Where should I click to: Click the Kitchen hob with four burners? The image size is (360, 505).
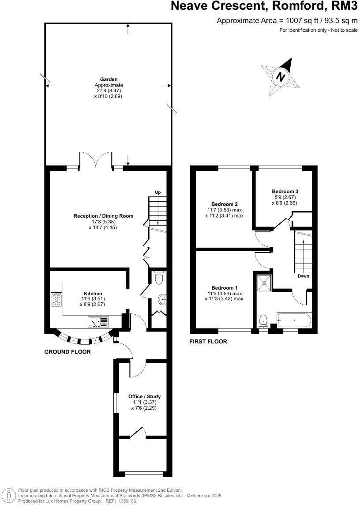[x=56, y=300]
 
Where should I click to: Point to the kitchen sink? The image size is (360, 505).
[x=98, y=322]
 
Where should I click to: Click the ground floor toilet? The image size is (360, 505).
[x=159, y=277]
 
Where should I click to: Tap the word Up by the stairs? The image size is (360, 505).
[x=157, y=192]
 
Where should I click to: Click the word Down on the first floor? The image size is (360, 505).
[x=303, y=276]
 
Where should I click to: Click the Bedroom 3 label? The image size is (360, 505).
[x=285, y=191]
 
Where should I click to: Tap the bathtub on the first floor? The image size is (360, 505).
[x=294, y=320]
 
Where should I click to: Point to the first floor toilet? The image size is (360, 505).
[x=263, y=320]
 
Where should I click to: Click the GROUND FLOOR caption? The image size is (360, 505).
[x=67, y=352]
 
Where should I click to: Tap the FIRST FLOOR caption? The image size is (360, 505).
[x=208, y=341]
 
